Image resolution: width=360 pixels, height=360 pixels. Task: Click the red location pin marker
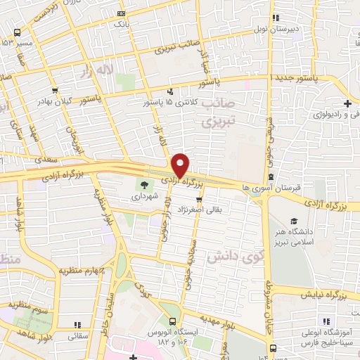(181, 165)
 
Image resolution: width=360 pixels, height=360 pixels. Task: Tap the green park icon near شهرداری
(144, 185)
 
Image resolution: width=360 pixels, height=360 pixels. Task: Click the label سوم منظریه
(26, 304)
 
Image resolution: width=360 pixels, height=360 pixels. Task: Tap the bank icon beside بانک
(122, 13)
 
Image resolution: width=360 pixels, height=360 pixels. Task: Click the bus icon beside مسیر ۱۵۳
(17, 33)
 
